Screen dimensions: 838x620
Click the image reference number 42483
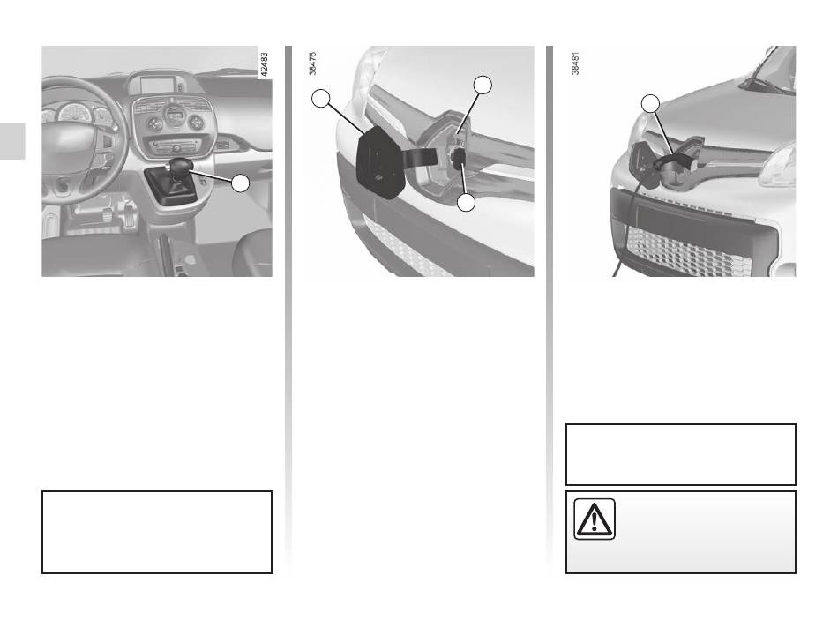(x=264, y=63)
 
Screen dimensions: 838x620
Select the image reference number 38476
(x=312, y=63)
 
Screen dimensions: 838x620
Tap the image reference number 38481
(x=576, y=63)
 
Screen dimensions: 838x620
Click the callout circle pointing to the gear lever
(x=241, y=183)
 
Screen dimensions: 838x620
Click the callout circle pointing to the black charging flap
(x=321, y=99)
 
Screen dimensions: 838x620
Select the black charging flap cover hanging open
(x=380, y=163)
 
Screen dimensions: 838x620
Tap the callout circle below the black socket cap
(x=467, y=202)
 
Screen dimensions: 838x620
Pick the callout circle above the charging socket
(x=483, y=85)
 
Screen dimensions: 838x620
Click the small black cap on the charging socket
(x=459, y=158)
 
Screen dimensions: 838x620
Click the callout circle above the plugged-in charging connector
(x=650, y=104)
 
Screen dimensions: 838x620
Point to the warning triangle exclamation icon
(x=595, y=519)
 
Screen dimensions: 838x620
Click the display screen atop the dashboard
(x=159, y=85)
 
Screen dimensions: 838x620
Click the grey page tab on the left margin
(x=12, y=141)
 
